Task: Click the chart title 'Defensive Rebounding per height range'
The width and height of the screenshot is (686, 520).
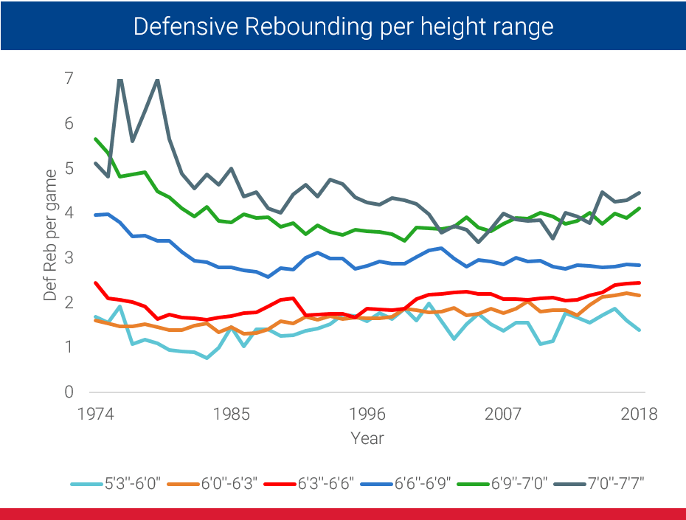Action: pyautogui.click(x=343, y=27)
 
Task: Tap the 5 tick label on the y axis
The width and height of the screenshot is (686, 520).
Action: pyautogui.click(x=69, y=168)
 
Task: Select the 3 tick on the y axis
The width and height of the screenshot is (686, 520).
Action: pyautogui.click(x=69, y=257)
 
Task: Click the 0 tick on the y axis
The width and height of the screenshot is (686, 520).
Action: pyautogui.click(x=69, y=392)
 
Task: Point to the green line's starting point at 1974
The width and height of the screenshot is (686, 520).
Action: pyautogui.click(x=95, y=138)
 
